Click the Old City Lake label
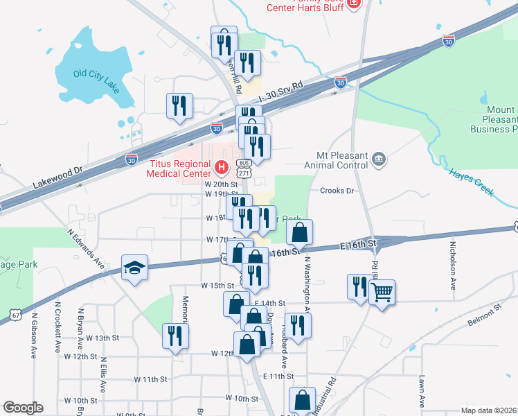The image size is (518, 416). (x=98, y=78)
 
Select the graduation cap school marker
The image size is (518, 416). (x=135, y=268)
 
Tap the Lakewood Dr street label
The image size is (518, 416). (x=57, y=177)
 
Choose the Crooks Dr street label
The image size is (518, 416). (x=337, y=191)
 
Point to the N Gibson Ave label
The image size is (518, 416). (x=33, y=335)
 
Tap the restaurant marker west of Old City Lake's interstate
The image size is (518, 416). (x=179, y=105)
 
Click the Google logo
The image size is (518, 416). (x=23, y=408)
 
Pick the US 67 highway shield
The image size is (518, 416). (x=15, y=315)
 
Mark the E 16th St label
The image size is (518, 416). (x=357, y=245)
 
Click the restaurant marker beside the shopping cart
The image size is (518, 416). (x=359, y=287)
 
